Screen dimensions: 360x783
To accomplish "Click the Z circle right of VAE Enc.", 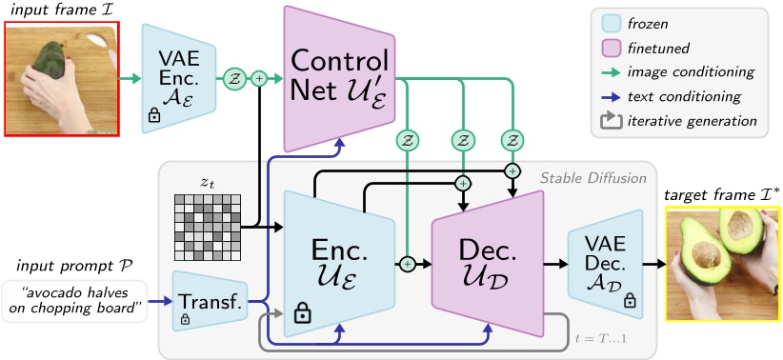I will pos(232,80).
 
